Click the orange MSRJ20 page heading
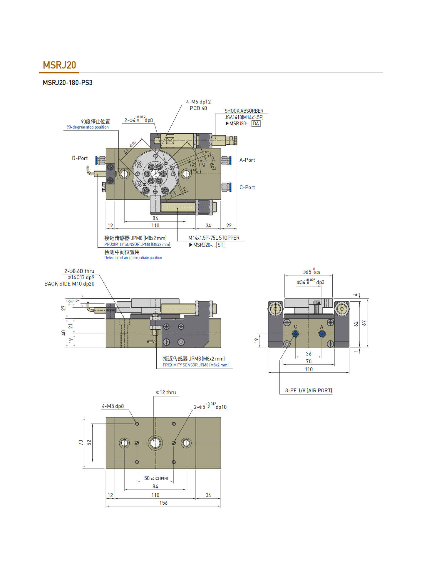point(59,65)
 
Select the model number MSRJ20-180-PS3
point(68,83)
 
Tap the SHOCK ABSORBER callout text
point(244,111)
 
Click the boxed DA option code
point(256,124)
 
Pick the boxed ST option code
point(220,245)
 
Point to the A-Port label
point(247,160)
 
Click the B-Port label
point(80,158)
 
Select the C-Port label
point(247,187)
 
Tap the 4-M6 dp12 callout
point(198,102)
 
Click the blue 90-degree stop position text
point(88,127)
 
